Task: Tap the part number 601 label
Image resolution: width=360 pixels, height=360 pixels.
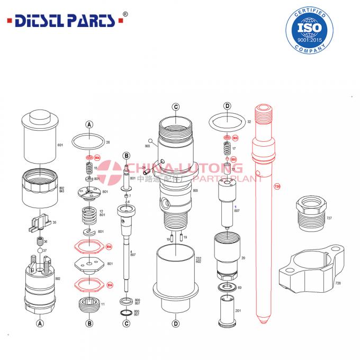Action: tap(60, 145)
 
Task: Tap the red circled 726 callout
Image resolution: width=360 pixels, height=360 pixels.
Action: tap(276, 186)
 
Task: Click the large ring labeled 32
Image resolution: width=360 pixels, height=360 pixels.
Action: tap(226, 123)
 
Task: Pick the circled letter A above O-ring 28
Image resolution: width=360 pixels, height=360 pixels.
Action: tap(89, 125)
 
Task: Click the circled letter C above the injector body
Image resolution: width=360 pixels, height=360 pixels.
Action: tap(176, 107)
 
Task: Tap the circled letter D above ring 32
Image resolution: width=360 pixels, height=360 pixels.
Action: tap(227, 106)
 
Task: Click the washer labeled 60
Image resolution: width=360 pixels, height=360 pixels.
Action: tap(227, 288)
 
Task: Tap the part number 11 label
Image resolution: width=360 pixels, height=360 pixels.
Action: tap(103, 304)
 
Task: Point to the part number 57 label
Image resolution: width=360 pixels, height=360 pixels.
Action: tap(44, 250)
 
